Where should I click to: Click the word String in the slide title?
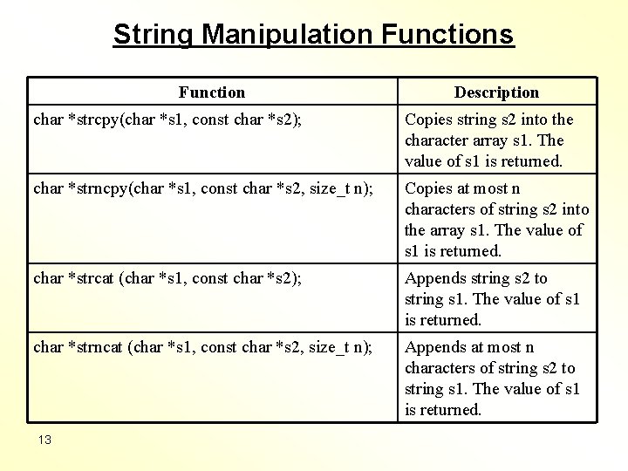pyautogui.click(x=154, y=34)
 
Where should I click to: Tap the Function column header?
pyautogui.click(x=212, y=92)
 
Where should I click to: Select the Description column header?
pyautogui.click(x=496, y=92)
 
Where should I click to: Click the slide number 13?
pyautogui.click(x=44, y=440)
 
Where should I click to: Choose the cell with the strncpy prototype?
pyautogui.click(x=202, y=189)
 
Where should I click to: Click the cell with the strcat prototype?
pyautogui.click(x=168, y=279)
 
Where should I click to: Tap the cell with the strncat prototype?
pyautogui.click(x=202, y=348)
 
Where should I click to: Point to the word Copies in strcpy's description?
pyautogui.click(x=427, y=119)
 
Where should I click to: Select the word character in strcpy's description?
pyautogui.click(x=439, y=140)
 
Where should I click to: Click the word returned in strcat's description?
pyautogui.click(x=450, y=320)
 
